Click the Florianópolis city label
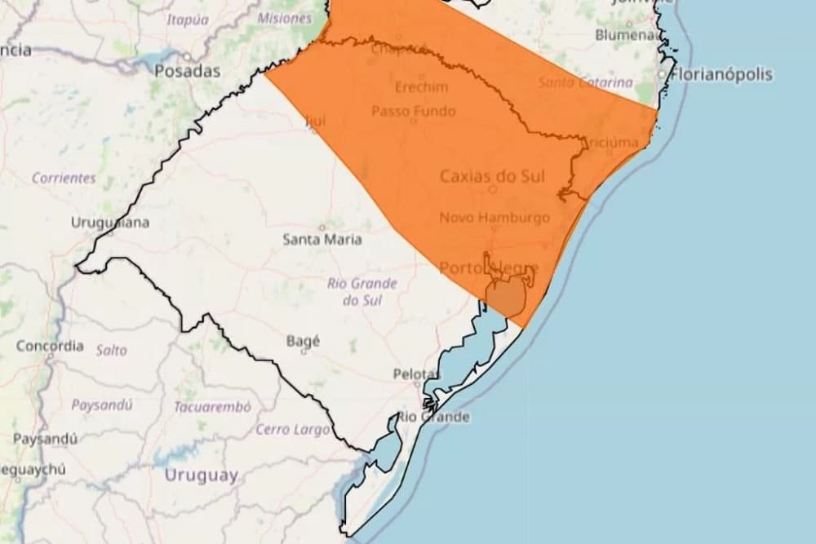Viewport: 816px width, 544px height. click(721, 74)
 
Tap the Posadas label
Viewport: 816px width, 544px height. click(188, 71)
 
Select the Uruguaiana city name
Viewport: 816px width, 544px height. click(110, 222)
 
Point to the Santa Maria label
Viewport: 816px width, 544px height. click(322, 240)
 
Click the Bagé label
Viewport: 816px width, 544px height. click(304, 341)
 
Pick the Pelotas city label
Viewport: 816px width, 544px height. click(416, 374)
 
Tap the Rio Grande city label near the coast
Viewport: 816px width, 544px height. click(433, 418)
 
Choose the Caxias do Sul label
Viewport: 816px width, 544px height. click(492, 175)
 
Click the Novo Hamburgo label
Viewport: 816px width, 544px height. click(494, 218)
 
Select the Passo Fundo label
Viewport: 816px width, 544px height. click(414, 111)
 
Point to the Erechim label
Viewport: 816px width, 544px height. click(422, 87)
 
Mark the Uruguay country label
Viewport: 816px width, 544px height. click(201, 475)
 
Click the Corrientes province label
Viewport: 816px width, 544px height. click(64, 177)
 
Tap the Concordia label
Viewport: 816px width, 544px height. click(50, 346)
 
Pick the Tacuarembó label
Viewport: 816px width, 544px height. click(212, 406)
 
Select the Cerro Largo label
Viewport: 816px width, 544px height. click(293, 429)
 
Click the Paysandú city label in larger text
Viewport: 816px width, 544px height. click(46, 439)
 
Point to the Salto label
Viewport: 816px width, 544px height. click(112, 350)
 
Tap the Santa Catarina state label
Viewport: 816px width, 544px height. click(585, 82)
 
